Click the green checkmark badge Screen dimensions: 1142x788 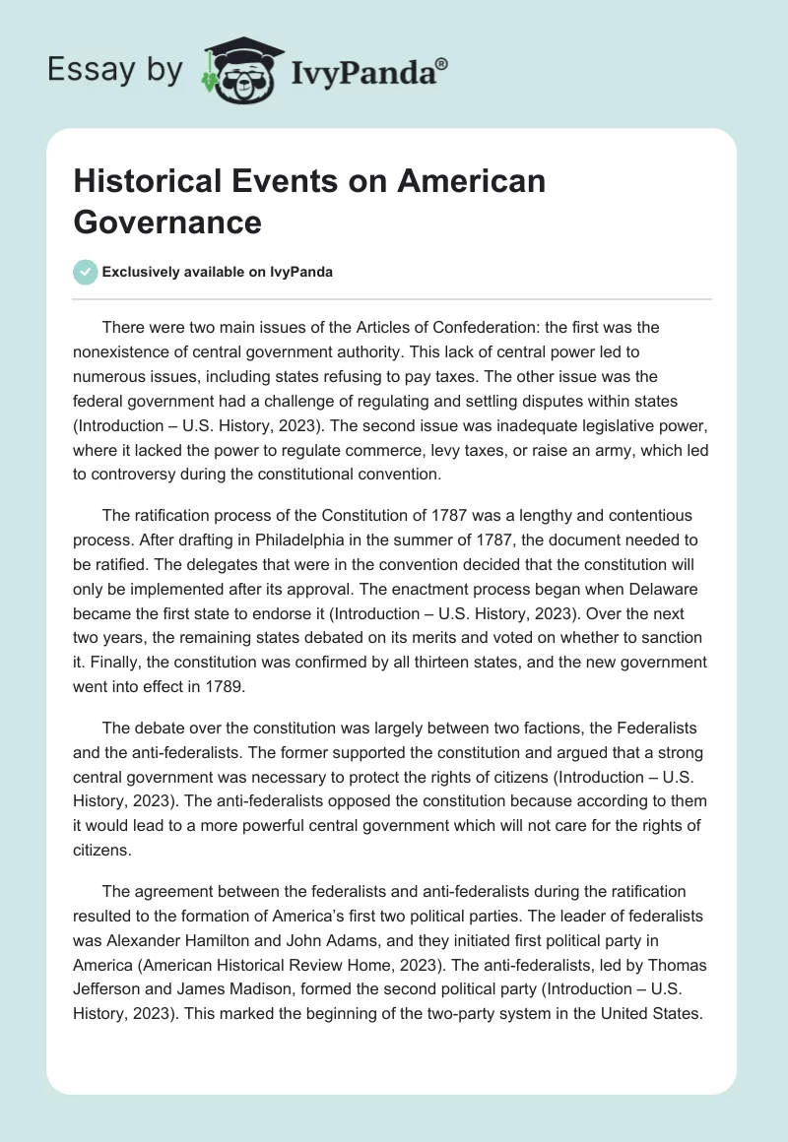click(x=86, y=272)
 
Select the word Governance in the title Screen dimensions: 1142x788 click(x=167, y=222)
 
